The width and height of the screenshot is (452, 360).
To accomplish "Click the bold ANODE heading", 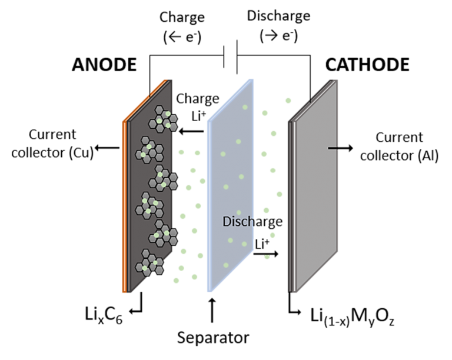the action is [x=104, y=65].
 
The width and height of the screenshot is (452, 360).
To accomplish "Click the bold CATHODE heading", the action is [x=367, y=65].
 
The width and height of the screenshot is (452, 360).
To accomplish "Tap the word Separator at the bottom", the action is [x=213, y=337].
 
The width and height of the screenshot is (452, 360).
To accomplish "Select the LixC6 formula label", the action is [x=104, y=315].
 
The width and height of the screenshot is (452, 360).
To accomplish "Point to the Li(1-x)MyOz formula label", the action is [x=353, y=316].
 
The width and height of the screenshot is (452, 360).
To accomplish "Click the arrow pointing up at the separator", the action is [x=212, y=311].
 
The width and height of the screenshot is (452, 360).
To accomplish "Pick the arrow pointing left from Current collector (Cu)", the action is [x=107, y=148].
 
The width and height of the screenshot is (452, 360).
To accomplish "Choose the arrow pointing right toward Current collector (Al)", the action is [x=340, y=148].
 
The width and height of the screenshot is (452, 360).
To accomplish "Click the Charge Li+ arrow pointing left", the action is [x=191, y=131].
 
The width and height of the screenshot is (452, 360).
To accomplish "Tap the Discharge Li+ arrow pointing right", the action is [x=266, y=254].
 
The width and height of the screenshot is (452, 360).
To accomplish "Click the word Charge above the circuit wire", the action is [x=182, y=17].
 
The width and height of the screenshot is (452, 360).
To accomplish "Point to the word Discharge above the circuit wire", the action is [x=278, y=16].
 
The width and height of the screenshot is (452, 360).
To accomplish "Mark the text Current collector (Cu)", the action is [x=52, y=144].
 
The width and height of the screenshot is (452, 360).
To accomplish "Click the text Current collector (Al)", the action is [x=399, y=146].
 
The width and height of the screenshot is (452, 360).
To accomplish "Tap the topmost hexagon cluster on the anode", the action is [x=163, y=119].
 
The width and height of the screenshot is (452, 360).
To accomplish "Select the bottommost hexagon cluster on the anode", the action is [x=149, y=263].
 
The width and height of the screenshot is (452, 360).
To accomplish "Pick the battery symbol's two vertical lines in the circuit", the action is [x=230, y=57].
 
